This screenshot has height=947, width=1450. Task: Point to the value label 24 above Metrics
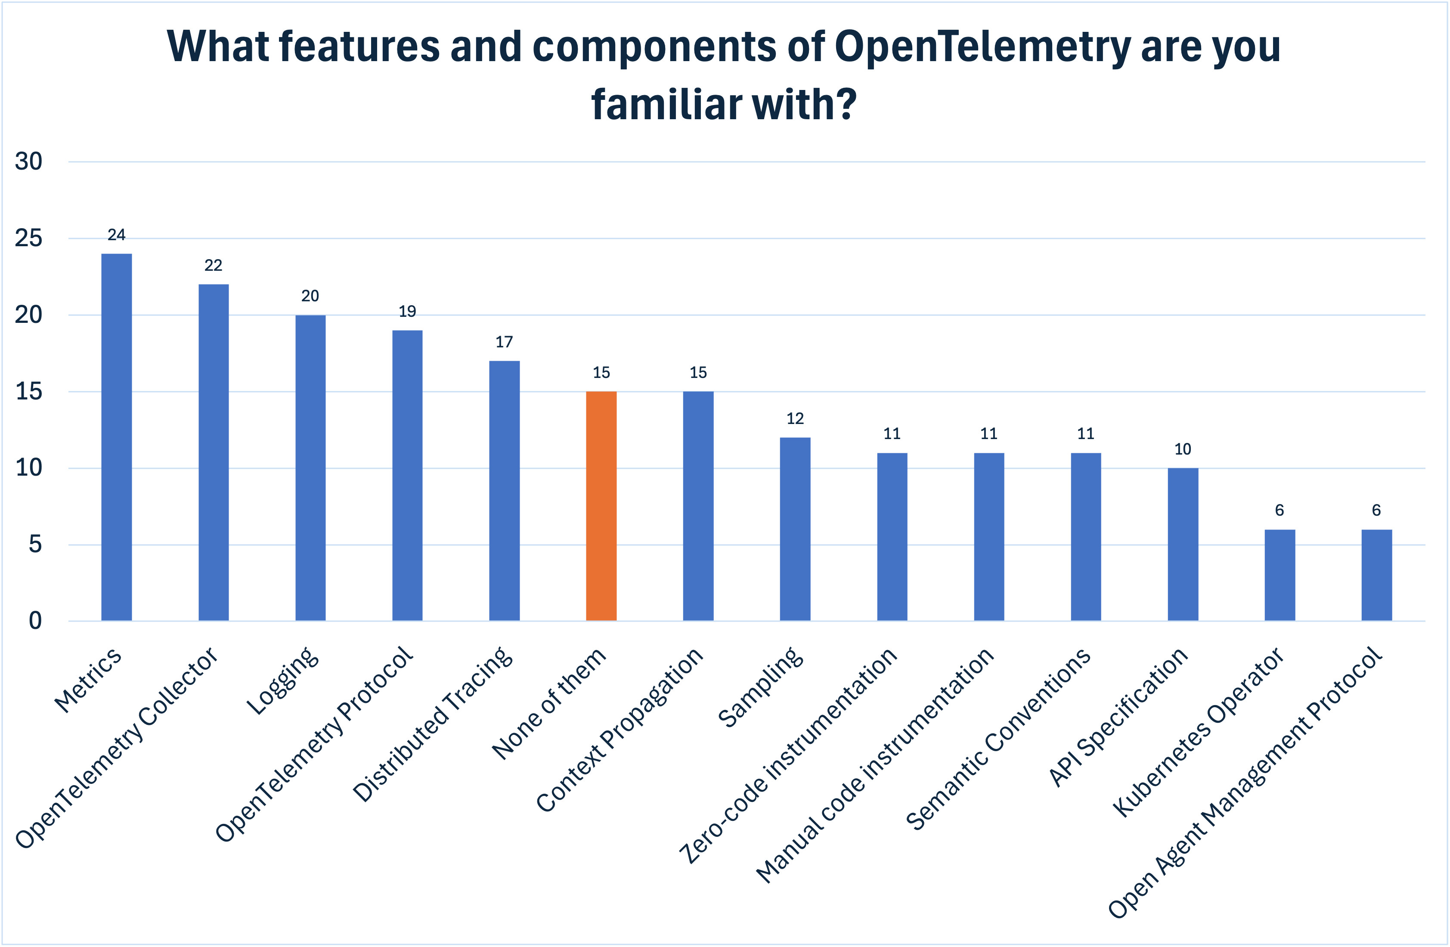(116, 235)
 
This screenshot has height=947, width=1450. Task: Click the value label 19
(407, 311)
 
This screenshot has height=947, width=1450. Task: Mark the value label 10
(1183, 449)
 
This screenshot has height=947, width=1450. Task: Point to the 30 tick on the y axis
(29, 161)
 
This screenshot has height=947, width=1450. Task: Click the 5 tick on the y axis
(35, 545)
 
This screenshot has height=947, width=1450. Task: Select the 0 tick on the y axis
(35, 621)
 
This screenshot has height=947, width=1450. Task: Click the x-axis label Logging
(282, 681)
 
